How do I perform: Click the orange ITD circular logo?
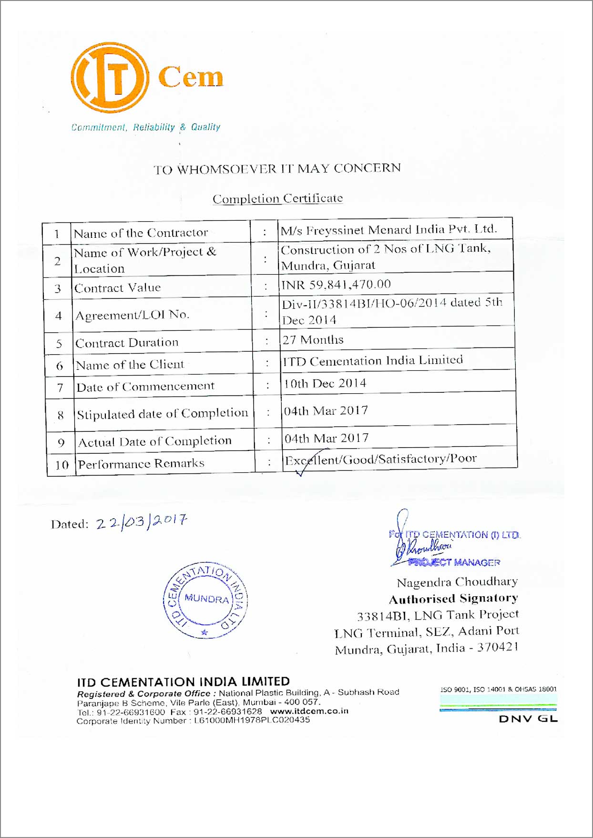coord(110,77)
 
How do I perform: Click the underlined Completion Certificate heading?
coord(277,198)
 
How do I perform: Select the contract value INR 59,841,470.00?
coord(336,285)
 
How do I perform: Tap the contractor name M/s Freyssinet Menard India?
coord(389,230)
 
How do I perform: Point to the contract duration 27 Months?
coord(313,340)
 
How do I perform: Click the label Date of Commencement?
coord(145,387)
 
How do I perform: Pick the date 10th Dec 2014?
coord(325,384)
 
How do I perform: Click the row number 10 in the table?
coord(62,465)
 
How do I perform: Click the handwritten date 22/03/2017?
coord(142,521)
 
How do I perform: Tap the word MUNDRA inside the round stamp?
coord(206,598)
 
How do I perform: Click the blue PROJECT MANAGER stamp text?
coord(454,562)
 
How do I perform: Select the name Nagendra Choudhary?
coord(457,582)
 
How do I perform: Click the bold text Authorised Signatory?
coord(453,599)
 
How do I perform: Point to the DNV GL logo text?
coord(528,719)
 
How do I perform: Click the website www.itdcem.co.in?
coord(309,711)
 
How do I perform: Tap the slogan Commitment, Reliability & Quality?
coord(146,127)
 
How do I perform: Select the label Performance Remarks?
coord(141,464)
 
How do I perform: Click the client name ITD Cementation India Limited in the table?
coord(373,361)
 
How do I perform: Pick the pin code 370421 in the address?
coord(498,647)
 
